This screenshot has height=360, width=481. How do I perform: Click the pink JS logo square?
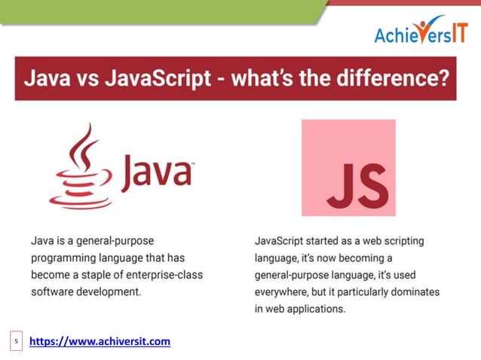pyautogui.click(x=348, y=167)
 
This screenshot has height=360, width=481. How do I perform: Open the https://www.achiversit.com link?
pyautogui.click(x=100, y=341)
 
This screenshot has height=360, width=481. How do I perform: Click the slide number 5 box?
pyautogui.click(x=16, y=342)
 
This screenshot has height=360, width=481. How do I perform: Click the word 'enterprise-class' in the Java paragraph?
pyautogui.click(x=165, y=274)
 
